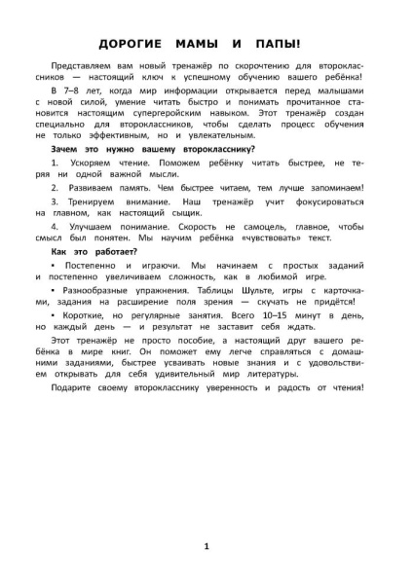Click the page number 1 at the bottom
point(206,547)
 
